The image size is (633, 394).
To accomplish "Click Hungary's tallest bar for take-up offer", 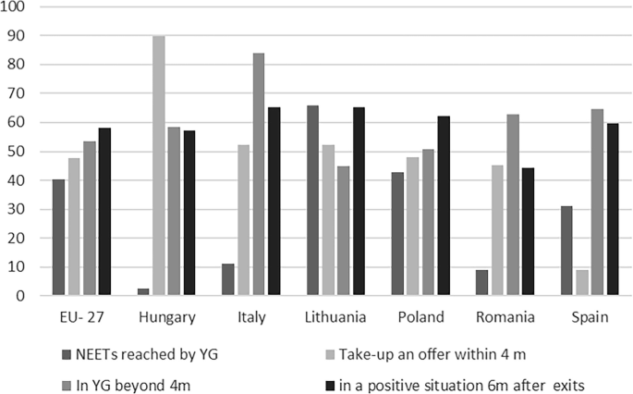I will [159, 166].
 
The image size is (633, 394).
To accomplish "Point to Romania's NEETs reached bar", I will [481, 283].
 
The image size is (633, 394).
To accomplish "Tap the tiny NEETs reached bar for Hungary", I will [143, 292].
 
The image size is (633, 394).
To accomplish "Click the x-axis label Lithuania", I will [335, 317].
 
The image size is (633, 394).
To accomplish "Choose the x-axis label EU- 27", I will [81, 317].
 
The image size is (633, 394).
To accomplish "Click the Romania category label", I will [505, 317].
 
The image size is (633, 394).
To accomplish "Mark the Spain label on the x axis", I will [590, 317].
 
